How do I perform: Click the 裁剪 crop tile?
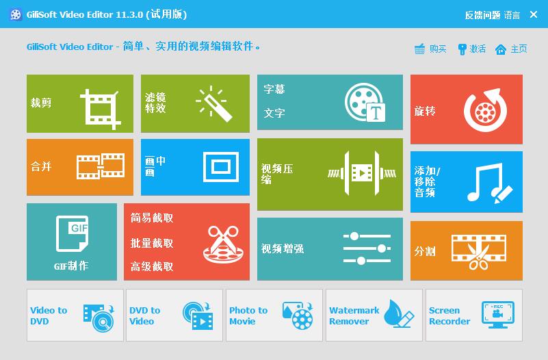[79, 103]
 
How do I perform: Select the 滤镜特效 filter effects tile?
[195, 103]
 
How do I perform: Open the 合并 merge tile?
[79, 167]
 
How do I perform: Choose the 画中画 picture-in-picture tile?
[195, 167]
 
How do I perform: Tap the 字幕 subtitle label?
[274, 90]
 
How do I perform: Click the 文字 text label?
[274, 113]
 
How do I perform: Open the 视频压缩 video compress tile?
[330, 174]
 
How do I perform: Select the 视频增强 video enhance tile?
[330, 248]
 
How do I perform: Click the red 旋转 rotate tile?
[466, 110]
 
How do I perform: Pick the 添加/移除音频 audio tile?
[466, 182]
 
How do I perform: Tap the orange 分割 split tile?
[466, 250]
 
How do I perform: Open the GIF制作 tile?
[71, 242]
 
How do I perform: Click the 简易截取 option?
[152, 218]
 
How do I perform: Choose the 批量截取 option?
[152, 243]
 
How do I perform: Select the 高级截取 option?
[152, 267]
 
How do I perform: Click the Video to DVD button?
[75, 315]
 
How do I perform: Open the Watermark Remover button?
[374, 315]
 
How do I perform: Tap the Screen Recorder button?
[473, 315]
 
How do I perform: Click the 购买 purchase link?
[431, 49]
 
